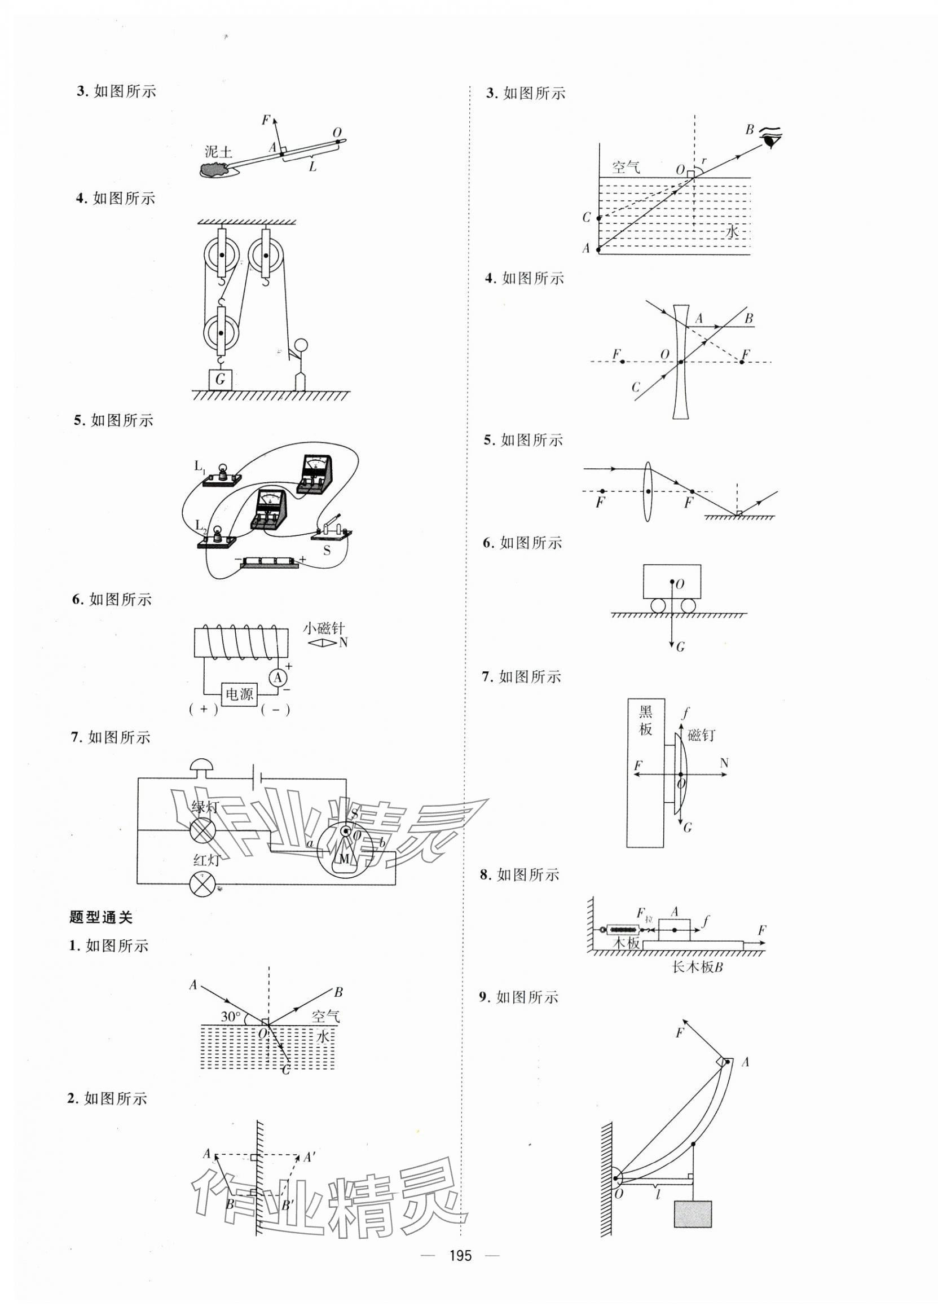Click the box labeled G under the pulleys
coord(220,380)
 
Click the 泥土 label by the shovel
coord(218,152)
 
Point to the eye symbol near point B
coord(771,139)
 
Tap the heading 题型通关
coord(100,917)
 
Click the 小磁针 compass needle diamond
coord(321,642)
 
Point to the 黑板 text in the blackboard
coord(645,720)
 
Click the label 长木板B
coord(698,966)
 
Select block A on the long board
coord(675,931)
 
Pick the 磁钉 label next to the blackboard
coord(702,735)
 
